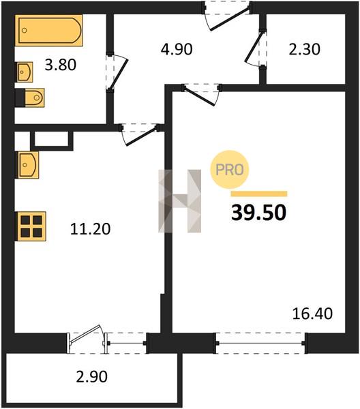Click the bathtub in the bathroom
[x=49, y=30]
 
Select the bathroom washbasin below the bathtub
[x=24, y=72]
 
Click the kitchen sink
[x=27, y=165]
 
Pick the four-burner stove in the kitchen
[x=31, y=226]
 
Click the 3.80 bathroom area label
[x=60, y=65]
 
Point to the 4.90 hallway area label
[x=177, y=49]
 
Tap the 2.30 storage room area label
[x=305, y=49]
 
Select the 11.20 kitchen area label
[x=90, y=229]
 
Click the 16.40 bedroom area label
[x=312, y=314]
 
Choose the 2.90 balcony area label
[x=91, y=377]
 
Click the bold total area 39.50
[x=259, y=212]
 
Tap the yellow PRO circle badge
[x=230, y=170]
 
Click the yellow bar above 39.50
[x=259, y=194]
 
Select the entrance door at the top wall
[x=227, y=15]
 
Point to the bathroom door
[x=117, y=72]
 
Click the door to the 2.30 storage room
[x=256, y=49]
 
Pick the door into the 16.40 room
[x=201, y=93]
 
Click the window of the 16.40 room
[x=260, y=344]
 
